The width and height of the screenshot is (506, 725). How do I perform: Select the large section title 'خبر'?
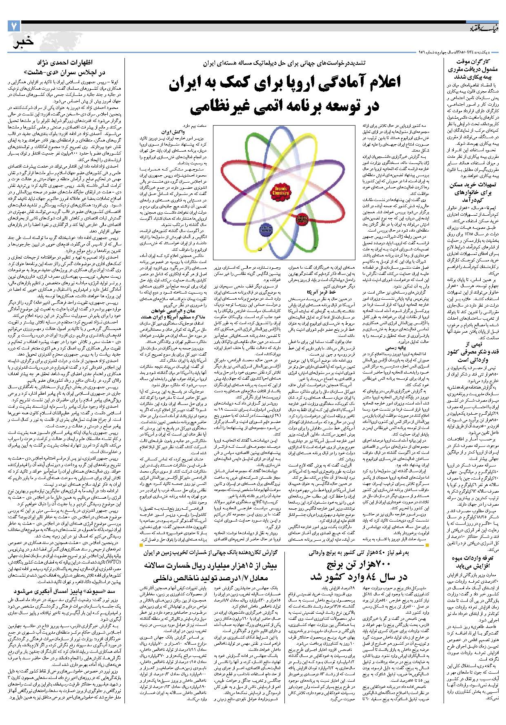click(x=23, y=43)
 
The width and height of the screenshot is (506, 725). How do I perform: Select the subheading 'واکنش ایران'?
click(x=173, y=133)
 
